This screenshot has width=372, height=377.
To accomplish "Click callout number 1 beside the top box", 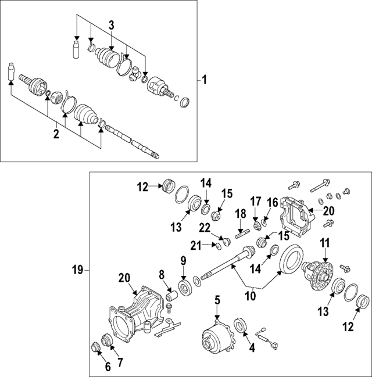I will coord(204,80).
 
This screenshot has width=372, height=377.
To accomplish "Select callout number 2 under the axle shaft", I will coord(56,134).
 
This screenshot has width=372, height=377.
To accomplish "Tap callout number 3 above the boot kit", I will coord(112,25).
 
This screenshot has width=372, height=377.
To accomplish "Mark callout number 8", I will coord(162,274).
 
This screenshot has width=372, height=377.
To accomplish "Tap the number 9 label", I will coord(183,261).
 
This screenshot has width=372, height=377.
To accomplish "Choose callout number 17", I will coord(255,202).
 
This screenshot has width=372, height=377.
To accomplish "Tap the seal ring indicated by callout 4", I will coord(239,325).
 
